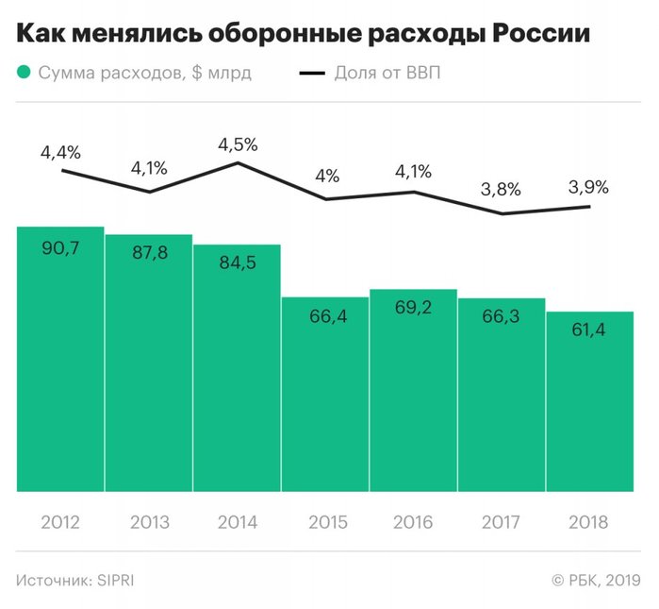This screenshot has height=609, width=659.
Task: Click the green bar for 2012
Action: (x=60, y=359)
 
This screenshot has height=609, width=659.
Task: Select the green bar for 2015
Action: (x=325, y=397)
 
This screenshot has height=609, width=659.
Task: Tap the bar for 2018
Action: (x=590, y=401)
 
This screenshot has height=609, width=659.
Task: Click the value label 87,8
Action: (x=149, y=253)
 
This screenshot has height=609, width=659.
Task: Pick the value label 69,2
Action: (x=414, y=308)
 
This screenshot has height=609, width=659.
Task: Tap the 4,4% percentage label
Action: (x=60, y=151)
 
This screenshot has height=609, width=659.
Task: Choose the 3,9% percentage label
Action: (x=589, y=186)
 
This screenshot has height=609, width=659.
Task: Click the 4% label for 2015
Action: (x=325, y=177)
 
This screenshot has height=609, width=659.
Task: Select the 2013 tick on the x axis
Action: (x=149, y=522)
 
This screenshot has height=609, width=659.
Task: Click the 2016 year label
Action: (x=414, y=522)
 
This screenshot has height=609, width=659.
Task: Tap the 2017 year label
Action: (x=502, y=522)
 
